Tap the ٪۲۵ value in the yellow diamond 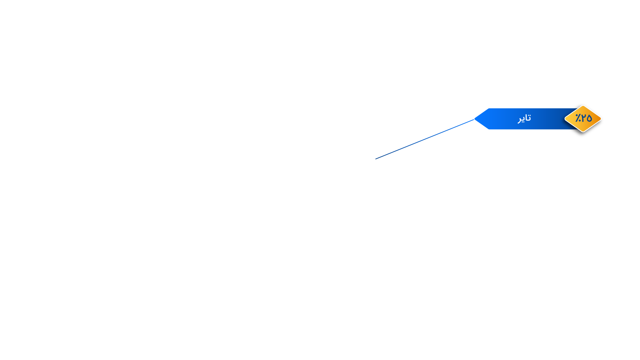(583, 118)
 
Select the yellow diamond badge (583, 119)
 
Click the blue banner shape (526, 119)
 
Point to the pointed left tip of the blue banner (474, 119)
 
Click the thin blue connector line (425, 139)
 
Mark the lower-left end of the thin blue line (375, 159)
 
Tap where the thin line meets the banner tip (474, 119)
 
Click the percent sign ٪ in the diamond (578, 118)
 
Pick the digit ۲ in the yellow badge (583, 118)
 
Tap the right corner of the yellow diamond (601, 119)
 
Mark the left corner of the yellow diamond (565, 119)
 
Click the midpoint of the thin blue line (425, 139)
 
